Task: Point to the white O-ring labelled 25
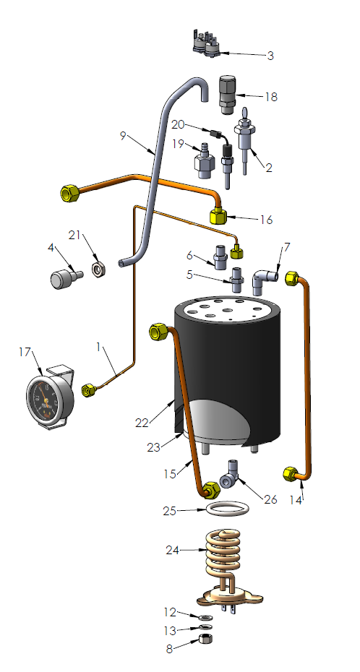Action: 226,509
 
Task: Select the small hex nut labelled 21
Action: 99,270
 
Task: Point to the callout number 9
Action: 124,134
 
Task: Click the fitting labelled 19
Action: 202,162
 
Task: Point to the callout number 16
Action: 265,217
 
